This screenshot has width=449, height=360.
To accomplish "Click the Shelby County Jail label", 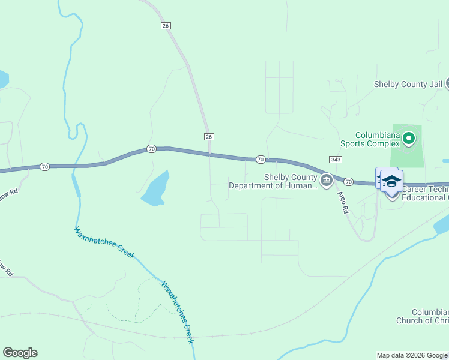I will click(408, 85).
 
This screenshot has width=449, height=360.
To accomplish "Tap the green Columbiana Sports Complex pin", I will click(409, 139).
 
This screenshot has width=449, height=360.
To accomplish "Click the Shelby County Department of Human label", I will click(273, 181).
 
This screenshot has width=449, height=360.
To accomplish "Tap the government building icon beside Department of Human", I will click(327, 181).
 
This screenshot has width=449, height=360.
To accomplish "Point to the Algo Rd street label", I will click(342, 203).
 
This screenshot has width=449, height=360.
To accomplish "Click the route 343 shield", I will click(336, 159).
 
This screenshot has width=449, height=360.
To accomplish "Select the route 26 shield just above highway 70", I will click(209, 137).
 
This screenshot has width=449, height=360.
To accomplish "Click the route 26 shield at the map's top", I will click(166, 25).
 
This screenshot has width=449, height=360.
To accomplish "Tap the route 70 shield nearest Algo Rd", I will click(348, 181).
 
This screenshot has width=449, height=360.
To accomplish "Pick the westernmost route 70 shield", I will click(45, 166).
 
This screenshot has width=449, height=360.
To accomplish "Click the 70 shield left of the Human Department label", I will click(260, 159).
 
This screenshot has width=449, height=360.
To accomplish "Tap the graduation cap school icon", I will click(391, 181).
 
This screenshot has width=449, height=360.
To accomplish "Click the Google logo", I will click(20, 352).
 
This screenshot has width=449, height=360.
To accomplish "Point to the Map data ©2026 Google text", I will click(412, 355).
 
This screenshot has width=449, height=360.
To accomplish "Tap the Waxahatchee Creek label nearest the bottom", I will click(178, 312).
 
